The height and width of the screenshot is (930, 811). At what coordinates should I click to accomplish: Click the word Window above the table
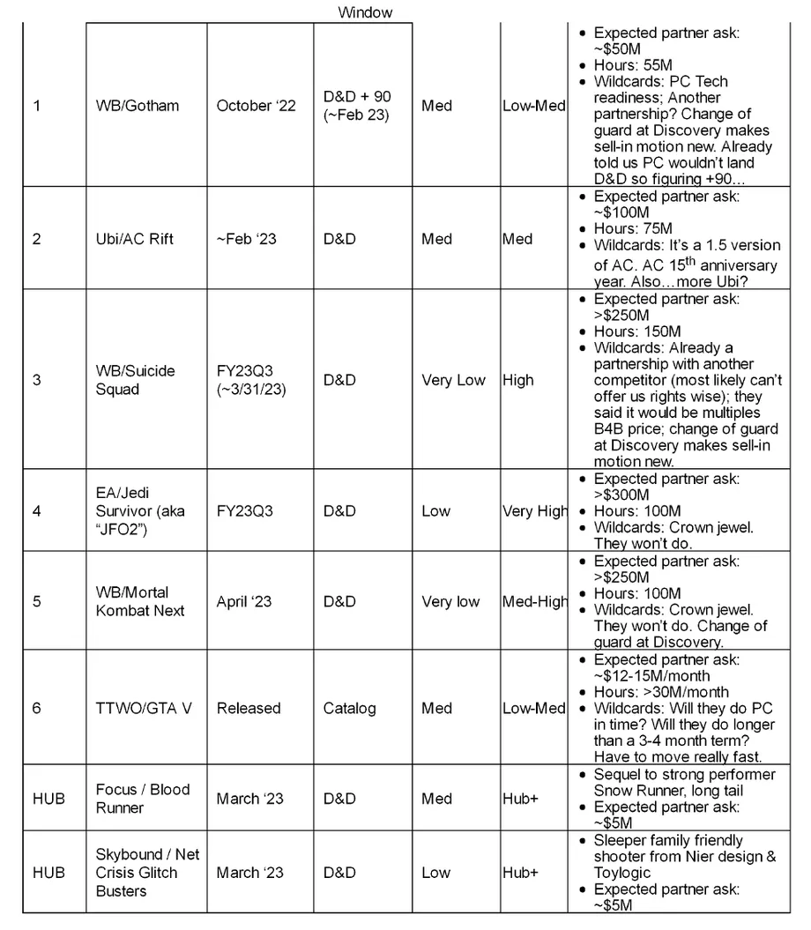pyautogui.click(x=365, y=12)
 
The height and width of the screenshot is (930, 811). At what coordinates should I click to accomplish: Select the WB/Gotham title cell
pyautogui.click(x=138, y=106)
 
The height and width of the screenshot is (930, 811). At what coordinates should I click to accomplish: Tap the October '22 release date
pyautogui.click(x=257, y=106)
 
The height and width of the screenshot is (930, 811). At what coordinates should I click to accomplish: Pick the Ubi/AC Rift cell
pyautogui.click(x=138, y=239)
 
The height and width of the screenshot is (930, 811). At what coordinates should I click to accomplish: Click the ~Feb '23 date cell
pyautogui.click(x=247, y=239)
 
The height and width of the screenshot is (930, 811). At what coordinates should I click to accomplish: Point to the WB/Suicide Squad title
pyautogui.click(x=135, y=380)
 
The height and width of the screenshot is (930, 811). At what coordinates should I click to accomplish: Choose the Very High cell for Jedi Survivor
pyautogui.click(x=534, y=510)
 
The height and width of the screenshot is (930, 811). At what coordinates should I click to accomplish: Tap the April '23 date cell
pyautogui.click(x=244, y=602)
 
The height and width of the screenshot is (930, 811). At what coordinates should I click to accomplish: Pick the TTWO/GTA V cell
pyautogui.click(x=144, y=708)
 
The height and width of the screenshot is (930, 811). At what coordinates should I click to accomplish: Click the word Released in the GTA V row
pyautogui.click(x=249, y=708)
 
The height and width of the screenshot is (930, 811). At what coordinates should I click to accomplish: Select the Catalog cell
pyautogui.click(x=349, y=708)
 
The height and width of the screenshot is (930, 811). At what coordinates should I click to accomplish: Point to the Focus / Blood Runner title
pyautogui.click(x=143, y=799)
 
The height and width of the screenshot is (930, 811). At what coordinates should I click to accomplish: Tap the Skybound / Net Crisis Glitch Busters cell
pyautogui.click(x=147, y=873)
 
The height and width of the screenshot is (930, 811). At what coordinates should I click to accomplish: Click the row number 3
pyautogui.click(x=36, y=380)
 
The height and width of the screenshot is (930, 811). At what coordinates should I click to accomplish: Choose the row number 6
pyautogui.click(x=36, y=708)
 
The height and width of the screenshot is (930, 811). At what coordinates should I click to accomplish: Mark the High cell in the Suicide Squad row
pyautogui.click(x=518, y=380)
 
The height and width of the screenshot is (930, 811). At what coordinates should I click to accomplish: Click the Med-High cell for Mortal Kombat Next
pyautogui.click(x=534, y=602)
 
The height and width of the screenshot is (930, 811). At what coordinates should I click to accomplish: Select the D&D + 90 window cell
pyautogui.click(x=357, y=106)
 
